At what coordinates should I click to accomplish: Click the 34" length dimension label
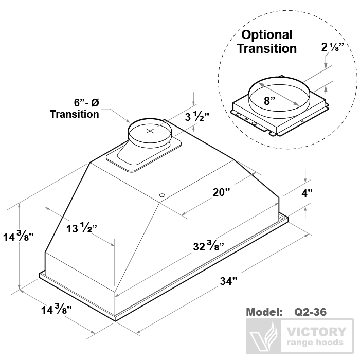pos(229,281)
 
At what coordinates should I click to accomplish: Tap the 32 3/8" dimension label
pos(208,246)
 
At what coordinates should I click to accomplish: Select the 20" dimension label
pos(221,192)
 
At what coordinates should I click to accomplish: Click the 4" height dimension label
pos(307,194)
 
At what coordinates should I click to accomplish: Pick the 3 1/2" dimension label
pos(197,117)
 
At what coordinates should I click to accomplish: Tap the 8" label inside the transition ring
pos(268,101)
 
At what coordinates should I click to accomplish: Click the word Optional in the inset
pos(267,35)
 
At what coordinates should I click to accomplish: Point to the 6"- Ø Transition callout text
pos(75,108)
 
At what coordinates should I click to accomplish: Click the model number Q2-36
pos(311,312)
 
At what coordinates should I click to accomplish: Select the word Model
pos(264,312)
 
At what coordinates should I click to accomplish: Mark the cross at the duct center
pos(150,131)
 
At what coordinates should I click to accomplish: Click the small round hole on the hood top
pos(163,195)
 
